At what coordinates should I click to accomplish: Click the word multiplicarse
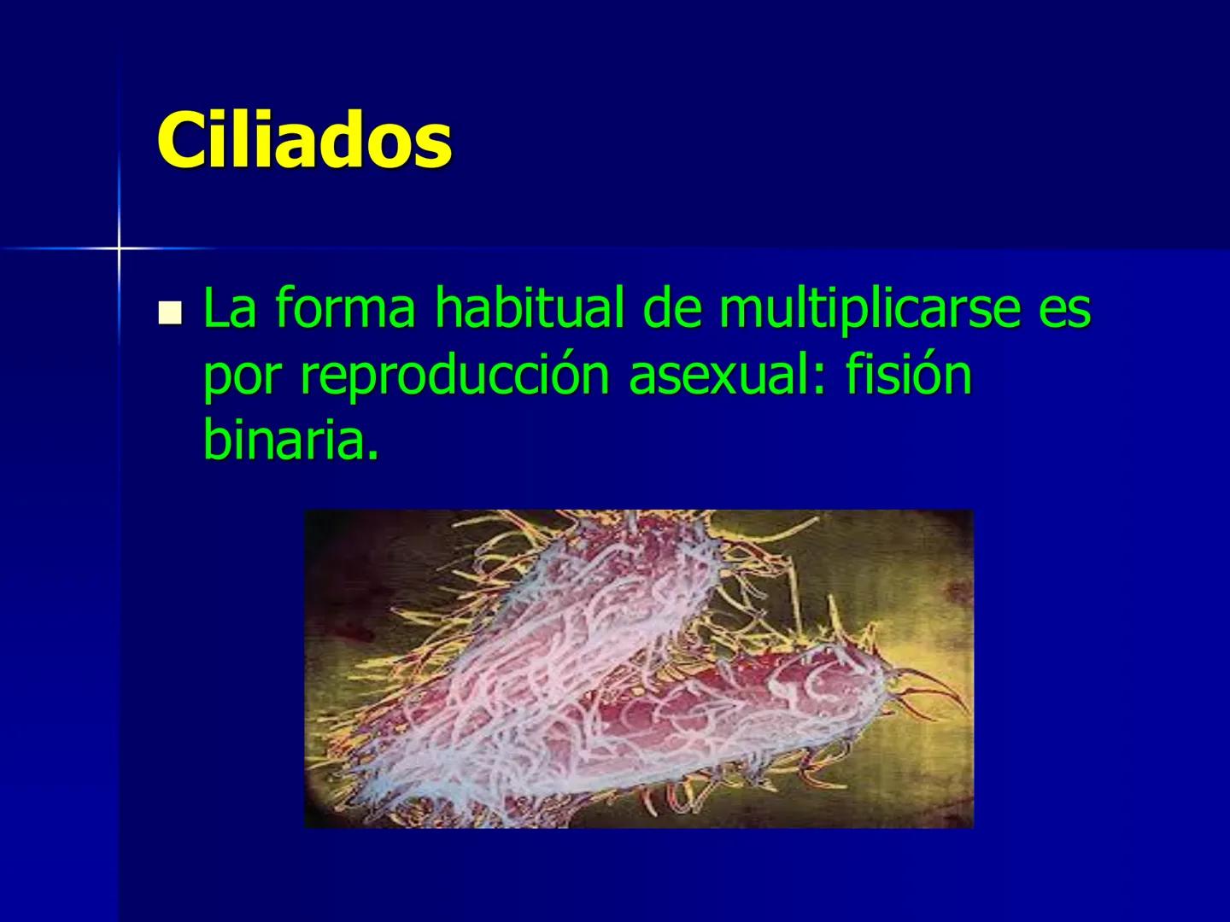866,308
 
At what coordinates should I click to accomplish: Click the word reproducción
454,378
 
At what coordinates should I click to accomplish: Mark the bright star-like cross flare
119,248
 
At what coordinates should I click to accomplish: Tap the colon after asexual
820,382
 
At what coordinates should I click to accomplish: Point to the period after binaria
372,453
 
